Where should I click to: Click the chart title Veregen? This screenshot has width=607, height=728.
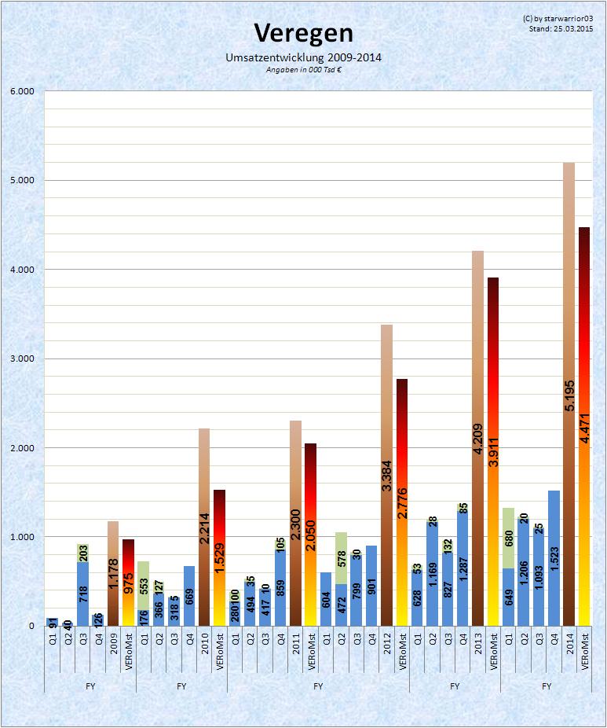coord(302,33)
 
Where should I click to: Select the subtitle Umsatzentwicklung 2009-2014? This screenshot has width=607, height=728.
coord(303,58)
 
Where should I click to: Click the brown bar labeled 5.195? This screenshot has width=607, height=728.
coord(569,393)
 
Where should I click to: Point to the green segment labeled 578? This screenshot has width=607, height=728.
coord(341,558)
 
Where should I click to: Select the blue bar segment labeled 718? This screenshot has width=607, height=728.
coord(82,594)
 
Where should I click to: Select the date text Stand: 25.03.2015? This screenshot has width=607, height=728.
coord(561,28)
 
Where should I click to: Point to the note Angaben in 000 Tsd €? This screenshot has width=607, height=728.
coord(303,69)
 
